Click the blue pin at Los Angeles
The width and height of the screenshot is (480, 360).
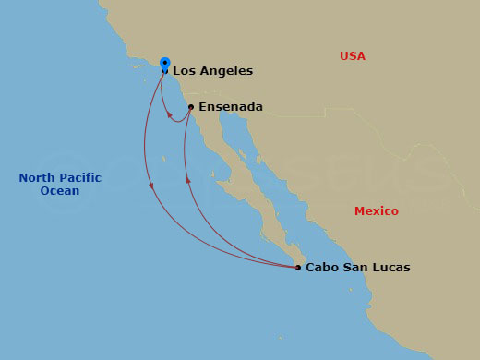pos(164,64)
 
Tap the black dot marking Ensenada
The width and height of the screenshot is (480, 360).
pos(190,107)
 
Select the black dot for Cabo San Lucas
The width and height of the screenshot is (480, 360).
pos(297,268)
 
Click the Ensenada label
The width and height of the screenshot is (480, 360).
pos(231,107)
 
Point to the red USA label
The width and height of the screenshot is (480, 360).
pos(353,56)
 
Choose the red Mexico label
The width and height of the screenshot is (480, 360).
pos(377,211)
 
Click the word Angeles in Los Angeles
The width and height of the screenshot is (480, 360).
pos(226,70)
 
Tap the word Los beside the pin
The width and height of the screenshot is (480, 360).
pos(185,70)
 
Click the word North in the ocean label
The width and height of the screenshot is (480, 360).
pos(38,178)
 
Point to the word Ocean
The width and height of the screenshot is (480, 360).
pos(59,191)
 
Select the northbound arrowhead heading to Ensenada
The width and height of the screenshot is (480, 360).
pos(188,180)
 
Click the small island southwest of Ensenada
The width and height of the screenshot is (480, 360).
pos(163,159)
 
